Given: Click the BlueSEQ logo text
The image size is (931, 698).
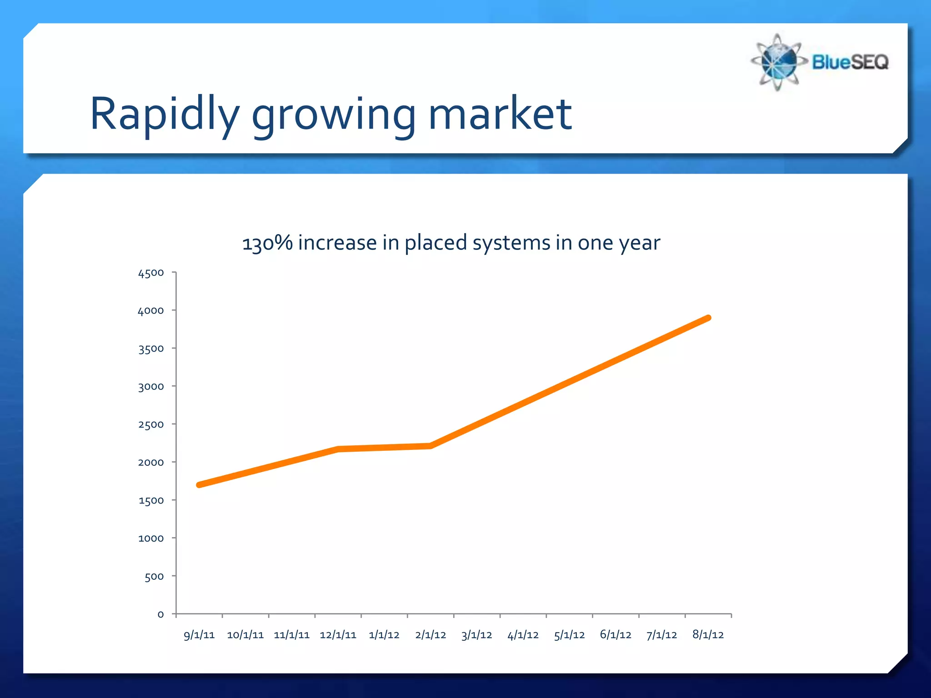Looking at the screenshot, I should (850, 62).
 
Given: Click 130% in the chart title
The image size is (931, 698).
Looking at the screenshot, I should (267, 243).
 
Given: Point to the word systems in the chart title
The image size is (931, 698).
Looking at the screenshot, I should (511, 243).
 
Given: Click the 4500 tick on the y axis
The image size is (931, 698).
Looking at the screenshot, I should (151, 273).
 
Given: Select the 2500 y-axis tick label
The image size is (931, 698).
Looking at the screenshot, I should (151, 425).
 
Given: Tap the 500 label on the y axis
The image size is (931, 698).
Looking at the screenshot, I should (154, 577).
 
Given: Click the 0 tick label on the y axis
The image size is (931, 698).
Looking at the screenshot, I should (160, 614).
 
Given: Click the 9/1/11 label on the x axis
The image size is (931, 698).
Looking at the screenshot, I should (199, 635).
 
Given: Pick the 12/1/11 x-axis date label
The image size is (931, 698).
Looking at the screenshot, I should (338, 635).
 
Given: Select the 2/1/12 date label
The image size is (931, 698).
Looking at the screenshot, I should (430, 635).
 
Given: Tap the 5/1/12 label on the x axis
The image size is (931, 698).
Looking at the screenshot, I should (569, 635).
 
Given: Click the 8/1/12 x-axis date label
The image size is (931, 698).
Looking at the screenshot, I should (708, 635).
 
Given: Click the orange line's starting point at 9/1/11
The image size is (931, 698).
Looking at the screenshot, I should (199, 485).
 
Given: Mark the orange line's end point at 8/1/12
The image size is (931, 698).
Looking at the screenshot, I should (708, 318).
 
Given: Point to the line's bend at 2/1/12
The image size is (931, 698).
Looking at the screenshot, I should (430, 446).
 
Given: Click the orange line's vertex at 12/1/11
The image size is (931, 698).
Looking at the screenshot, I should (338, 449).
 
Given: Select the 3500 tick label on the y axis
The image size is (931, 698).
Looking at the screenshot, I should (151, 349).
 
